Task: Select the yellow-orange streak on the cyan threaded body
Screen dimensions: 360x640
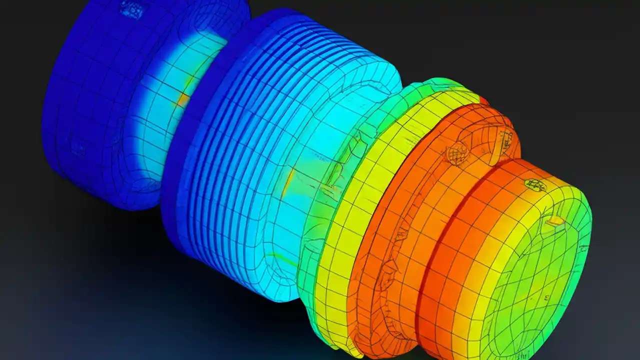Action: (x=288, y=183)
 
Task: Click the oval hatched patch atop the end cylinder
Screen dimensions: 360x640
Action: (x=535, y=185)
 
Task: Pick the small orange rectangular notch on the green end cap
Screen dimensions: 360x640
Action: (x=555, y=220)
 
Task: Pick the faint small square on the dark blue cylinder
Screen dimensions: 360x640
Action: (x=77, y=147)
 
